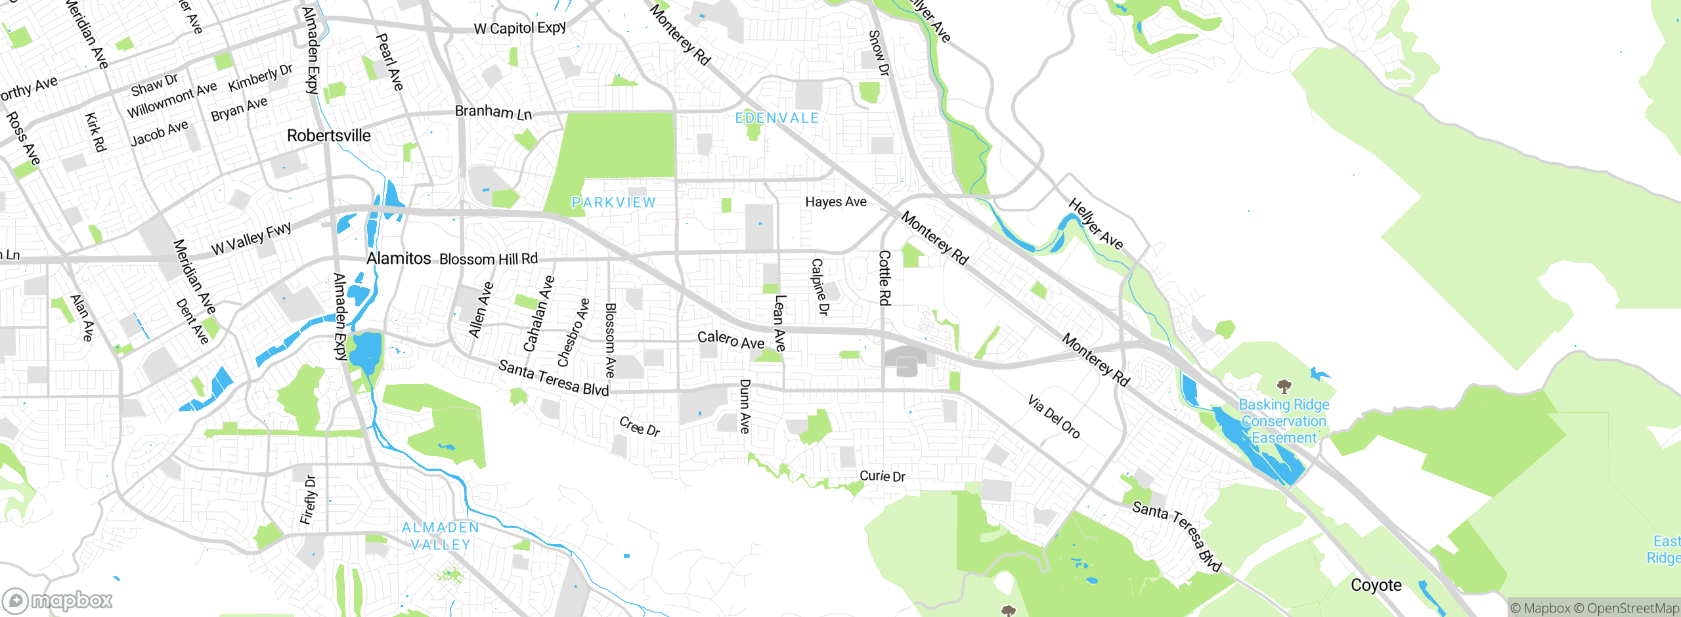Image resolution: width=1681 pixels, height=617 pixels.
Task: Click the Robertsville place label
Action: (x=328, y=136)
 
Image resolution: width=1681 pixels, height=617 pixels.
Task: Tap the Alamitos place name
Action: (x=399, y=259)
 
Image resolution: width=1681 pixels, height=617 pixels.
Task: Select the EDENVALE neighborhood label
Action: (x=777, y=118)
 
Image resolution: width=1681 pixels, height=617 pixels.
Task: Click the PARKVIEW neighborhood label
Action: (x=613, y=202)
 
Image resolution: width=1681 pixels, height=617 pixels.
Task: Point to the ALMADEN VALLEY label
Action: (x=441, y=536)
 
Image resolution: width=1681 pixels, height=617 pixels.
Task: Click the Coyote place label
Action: (x=1376, y=585)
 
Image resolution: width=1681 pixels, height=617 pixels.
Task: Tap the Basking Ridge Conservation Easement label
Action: (x=1284, y=421)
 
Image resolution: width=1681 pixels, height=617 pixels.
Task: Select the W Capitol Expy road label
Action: (x=519, y=28)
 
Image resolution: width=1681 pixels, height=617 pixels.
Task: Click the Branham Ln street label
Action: (x=493, y=112)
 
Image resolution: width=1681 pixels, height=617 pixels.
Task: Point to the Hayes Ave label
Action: (x=835, y=202)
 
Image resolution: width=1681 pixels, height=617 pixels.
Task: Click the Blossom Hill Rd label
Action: (x=489, y=259)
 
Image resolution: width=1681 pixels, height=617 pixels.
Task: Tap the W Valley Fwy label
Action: (x=251, y=238)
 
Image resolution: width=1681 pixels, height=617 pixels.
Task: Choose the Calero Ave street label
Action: (x=730, y=340)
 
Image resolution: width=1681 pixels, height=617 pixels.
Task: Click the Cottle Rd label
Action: (x=884, y=277)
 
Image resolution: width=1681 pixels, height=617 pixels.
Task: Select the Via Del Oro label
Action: (x=1053, y=417)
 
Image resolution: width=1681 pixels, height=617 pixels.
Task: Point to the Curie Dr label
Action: (x=882, y=476)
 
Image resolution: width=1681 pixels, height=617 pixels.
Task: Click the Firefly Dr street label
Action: (x=308, y=500)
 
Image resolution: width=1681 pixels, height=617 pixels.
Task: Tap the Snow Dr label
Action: (x=878, y=53)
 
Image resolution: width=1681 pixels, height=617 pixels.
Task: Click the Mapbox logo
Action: (x=58, y=601)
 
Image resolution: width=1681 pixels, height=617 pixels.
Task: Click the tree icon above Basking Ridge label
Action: (x=1284, y=386)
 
